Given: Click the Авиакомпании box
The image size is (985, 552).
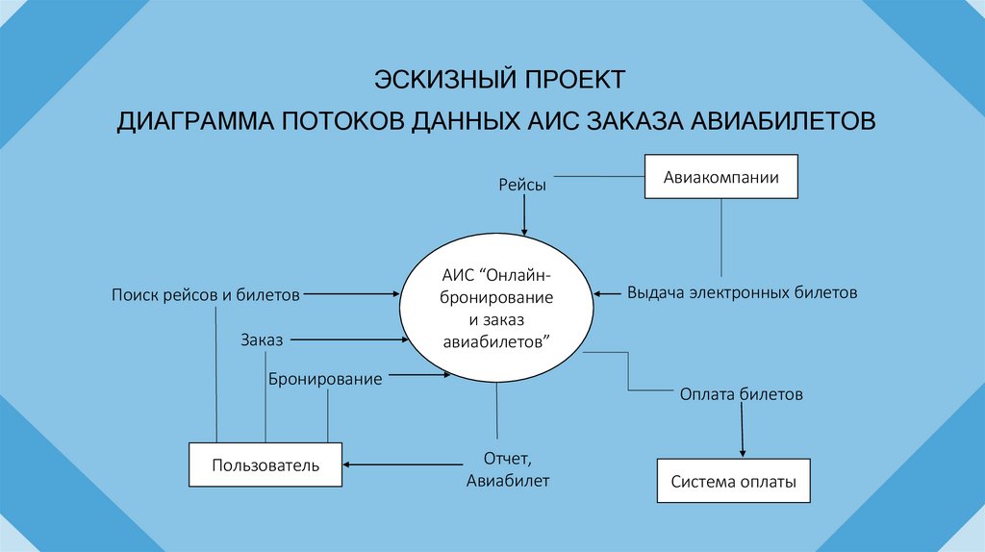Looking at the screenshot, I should pos(720,177).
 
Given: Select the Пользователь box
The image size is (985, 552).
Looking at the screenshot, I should pos(265,465).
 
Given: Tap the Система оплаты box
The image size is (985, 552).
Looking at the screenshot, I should pos(734,482).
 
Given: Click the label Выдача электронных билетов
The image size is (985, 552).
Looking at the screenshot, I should pos(742,292).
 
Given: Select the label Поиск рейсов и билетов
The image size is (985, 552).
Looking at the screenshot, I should pos(205,293).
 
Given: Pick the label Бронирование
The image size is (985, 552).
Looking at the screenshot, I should pos(325,379).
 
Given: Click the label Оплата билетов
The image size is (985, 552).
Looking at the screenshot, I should pos(741,394).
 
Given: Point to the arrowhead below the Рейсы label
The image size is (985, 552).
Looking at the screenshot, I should pos(524,230).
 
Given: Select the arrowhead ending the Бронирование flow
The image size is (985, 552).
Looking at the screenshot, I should pos(446,376).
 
